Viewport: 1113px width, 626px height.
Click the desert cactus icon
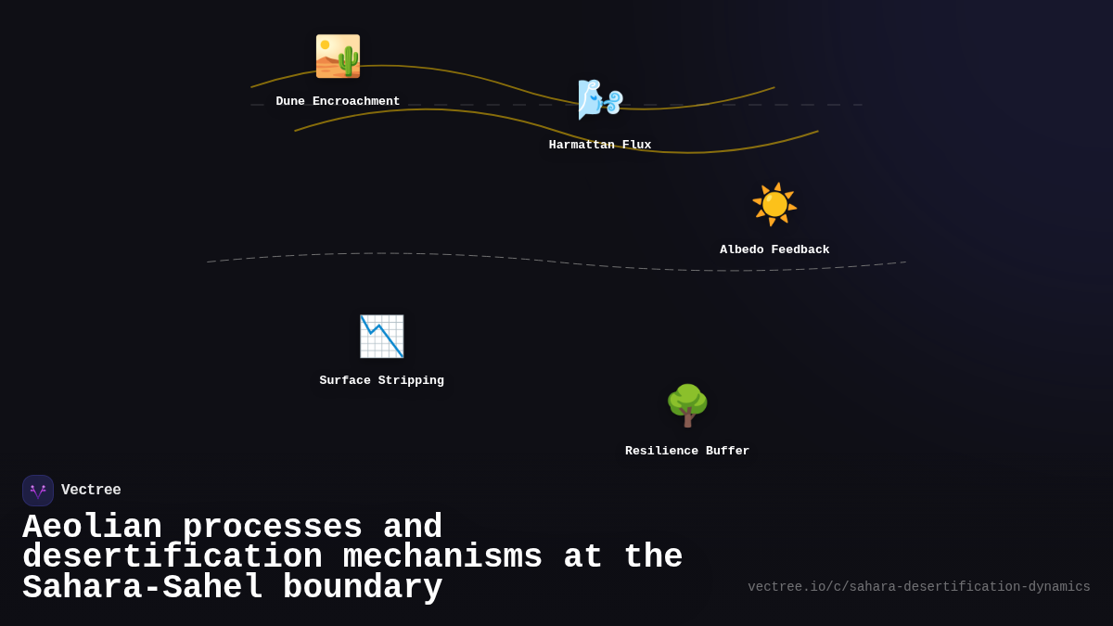tap(338, 57)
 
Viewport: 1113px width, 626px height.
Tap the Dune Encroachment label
tap(338, 101)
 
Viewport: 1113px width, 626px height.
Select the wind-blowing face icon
tap(600, 100)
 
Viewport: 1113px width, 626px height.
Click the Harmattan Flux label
tap(600, 145)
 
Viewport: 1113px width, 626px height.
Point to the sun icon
tap(774, 205)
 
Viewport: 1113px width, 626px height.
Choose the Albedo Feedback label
tap(774, 249)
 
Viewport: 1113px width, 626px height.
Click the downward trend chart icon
tap(381, 337)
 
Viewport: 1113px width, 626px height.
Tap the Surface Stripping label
tap(381, 380)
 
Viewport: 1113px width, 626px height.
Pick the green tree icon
tap(687, 405)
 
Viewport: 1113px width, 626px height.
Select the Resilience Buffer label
tap(687, 451)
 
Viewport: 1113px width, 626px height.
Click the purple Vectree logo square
tap(38, 491)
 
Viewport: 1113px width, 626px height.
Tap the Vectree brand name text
tap(91, 490)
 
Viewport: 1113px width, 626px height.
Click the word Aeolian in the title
tap(93, 527)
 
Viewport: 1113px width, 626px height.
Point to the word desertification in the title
tap(173, 556)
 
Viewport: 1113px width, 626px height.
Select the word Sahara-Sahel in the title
tap(143, 587)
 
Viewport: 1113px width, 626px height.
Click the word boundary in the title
tap(363, 587)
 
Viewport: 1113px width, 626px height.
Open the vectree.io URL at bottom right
tap(919, 587)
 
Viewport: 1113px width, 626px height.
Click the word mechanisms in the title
tap(442, 556)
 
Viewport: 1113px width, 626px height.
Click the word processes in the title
tap(273, 528)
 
